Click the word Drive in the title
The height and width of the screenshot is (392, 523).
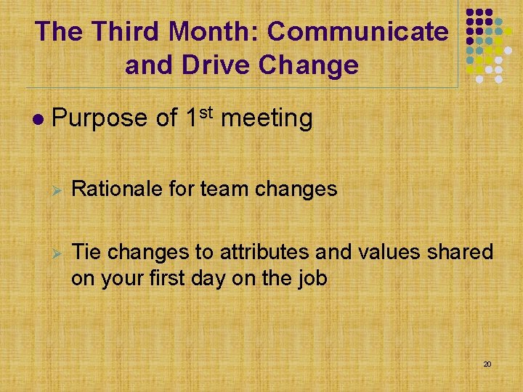(217, 65)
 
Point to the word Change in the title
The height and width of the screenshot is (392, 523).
(313, 65)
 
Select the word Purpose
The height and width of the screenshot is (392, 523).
(101, 118)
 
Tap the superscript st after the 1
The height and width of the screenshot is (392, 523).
(206, 111)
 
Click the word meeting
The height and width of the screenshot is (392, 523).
(266, 118)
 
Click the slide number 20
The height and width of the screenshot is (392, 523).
(487, 363)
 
